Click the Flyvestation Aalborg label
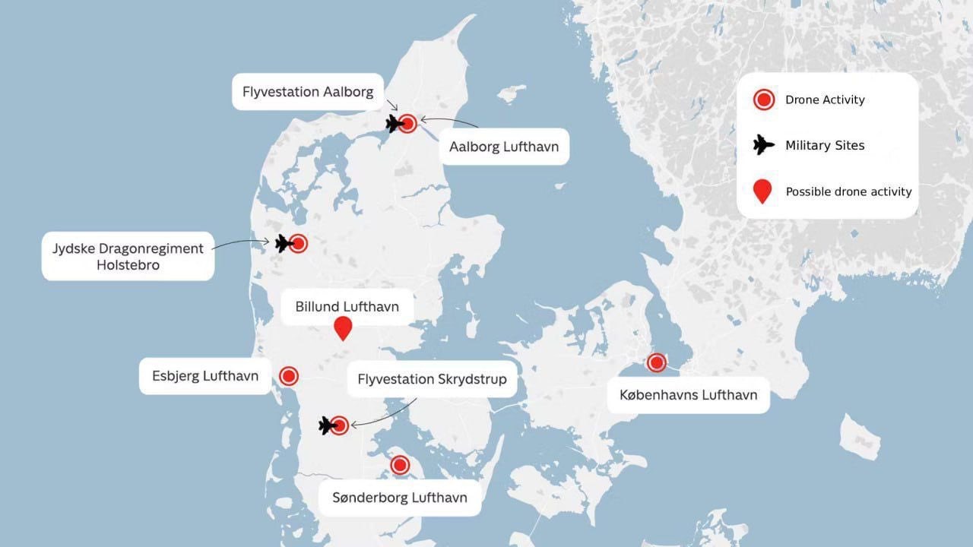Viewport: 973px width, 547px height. [308, 92]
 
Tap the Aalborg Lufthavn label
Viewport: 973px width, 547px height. [504, 147]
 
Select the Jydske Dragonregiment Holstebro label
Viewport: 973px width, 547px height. [128, 256]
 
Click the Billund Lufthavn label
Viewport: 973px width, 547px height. [347, 307]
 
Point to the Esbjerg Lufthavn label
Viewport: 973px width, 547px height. [205, 376]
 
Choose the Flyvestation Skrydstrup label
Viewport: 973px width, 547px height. [432, 378]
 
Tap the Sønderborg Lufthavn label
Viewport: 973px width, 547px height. [400, 498]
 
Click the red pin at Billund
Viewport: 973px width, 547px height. [344, 327]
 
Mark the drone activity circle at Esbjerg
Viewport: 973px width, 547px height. [289, 375]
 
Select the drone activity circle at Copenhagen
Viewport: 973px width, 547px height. [656, 362]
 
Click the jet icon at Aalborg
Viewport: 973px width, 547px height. [395, 123]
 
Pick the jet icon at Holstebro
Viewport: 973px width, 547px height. [284, 243]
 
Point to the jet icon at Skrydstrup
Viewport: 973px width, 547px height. [327, 425]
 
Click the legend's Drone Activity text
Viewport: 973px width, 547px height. [825, 100]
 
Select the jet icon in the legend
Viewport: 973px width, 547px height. [762, 145]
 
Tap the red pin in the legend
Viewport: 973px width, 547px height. [762, 191]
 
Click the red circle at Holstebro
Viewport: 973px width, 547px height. [299, 243]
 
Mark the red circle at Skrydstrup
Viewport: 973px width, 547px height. [340, 425]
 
